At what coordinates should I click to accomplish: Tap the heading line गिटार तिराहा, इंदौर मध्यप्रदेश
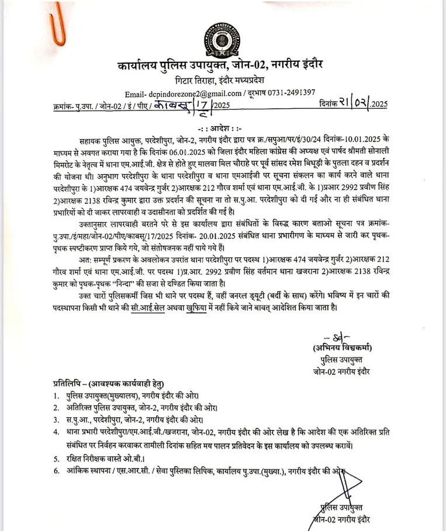click(x=222, y=79)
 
